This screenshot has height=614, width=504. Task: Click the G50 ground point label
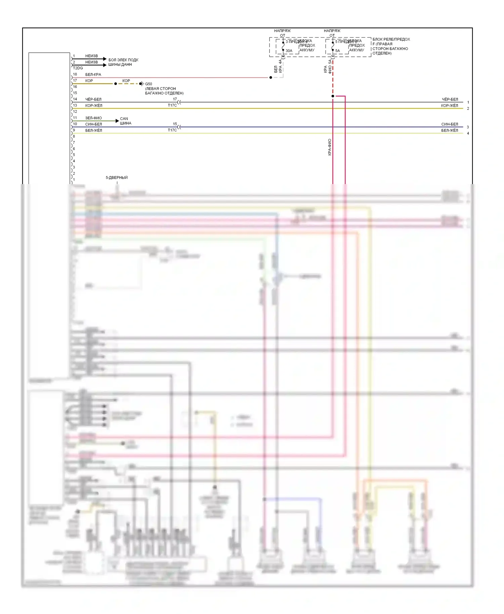pos(149,84)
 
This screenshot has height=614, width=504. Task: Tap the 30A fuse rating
pos(289,51)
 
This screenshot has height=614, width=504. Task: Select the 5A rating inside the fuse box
pos(338,51)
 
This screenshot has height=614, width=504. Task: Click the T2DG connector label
pos(78,68)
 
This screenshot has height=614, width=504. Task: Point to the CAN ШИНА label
pos(125,121)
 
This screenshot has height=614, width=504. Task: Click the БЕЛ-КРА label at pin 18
pos(93,75)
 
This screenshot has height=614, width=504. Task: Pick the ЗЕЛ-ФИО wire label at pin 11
pos(93,118)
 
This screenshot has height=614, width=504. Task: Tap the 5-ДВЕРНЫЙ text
pos(117,178)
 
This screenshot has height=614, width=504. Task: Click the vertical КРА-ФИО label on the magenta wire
pos(330,147)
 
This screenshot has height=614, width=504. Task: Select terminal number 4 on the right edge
pos(468,133)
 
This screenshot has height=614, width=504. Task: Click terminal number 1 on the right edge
pos(468,102)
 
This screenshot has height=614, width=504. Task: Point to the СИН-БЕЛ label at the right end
pos(450,124)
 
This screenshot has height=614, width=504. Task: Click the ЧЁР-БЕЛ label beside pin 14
pos(93,99)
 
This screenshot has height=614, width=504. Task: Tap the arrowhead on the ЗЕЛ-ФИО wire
pos(117,121)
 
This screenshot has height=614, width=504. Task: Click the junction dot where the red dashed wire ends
pos(333,96)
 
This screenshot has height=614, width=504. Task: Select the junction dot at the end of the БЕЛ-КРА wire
pos(271,78)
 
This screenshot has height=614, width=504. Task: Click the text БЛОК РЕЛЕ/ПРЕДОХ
pos(391,39)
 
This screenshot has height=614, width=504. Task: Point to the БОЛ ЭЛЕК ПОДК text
pos(123,60)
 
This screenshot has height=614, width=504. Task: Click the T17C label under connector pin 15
pos(172,130)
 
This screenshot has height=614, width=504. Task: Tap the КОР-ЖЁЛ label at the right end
pos(450,106)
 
